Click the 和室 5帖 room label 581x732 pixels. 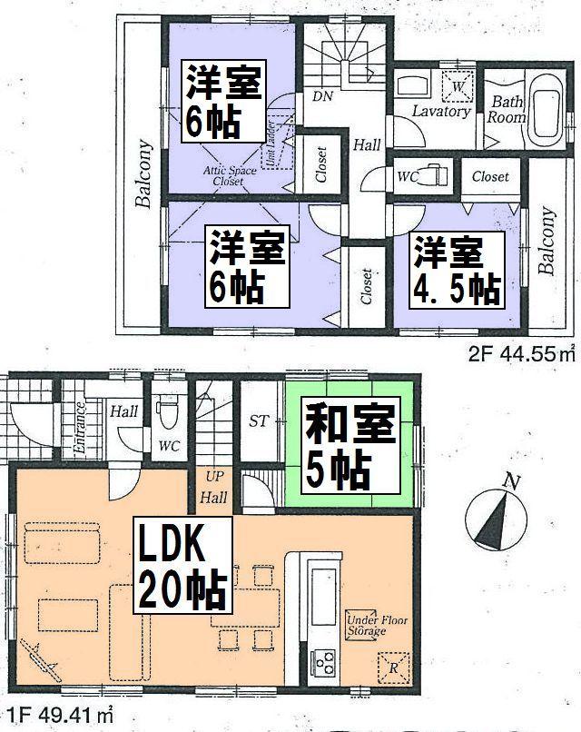[350, 449]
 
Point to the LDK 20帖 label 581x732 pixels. [182, 569]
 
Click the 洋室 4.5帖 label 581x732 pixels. [456, 269]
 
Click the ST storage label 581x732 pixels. [258, 420]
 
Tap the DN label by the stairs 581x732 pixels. [320, 95]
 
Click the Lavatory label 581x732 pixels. [440, 112]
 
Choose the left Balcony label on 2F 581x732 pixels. [143, 173]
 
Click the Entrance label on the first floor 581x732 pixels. [79, 432]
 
